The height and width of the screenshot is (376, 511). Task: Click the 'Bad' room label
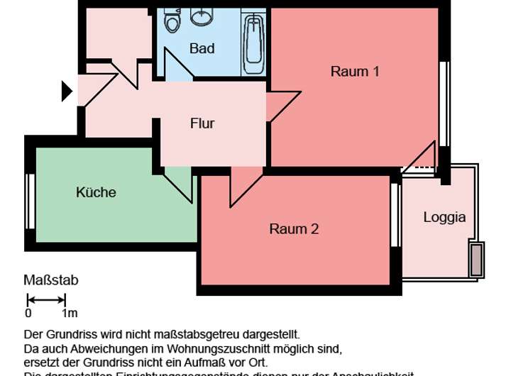click(x=202, y=49)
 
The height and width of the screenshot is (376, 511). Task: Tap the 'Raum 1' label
click(x=355, y=71)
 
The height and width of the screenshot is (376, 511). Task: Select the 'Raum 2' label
click(x=294, y=228)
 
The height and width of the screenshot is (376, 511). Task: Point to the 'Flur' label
click(x=202, y=123)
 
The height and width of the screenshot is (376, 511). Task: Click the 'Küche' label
click(x=96, y=192)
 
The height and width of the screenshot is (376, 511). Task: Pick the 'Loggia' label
click(x=444, y=217)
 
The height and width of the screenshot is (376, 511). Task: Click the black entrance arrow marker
click(x=67, y=91)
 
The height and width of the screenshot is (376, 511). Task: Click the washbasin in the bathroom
click(x=204, y=15)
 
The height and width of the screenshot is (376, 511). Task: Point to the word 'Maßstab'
click(x=51, y=280)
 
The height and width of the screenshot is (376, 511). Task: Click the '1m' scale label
click(x=69, y=313)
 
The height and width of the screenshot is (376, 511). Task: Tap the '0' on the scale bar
click(x=28, y=313)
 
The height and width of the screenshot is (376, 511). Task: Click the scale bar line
click(x=46, y=299)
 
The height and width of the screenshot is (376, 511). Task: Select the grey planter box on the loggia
click(x=476, y=260)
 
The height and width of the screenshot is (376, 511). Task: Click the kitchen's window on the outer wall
click(x=31, y=201)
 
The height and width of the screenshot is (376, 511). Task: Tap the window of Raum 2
click(x=395, y=215)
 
